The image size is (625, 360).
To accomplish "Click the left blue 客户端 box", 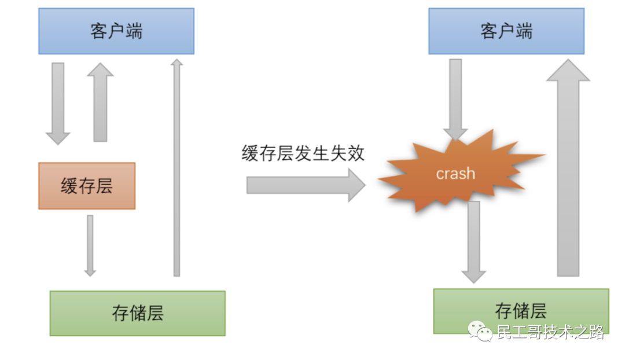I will (x=116, y=31).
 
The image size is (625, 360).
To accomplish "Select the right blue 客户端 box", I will (x=506, y=31).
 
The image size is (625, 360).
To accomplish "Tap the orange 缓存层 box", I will (x=87, y=186).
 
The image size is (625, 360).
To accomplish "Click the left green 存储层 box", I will (x=137, y=313).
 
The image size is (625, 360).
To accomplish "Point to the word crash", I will (x=455, y=174).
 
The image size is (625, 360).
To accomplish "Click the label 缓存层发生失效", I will (x=303, y=153).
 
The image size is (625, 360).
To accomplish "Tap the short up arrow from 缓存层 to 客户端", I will (x=100, y=103).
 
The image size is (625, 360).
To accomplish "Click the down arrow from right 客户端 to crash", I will (x=455, y=98).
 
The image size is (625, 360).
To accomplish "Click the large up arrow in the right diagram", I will (x=568, y=168).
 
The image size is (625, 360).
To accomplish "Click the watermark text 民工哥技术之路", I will (x=550, y=332).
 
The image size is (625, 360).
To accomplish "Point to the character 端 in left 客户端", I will (x=134, y=31).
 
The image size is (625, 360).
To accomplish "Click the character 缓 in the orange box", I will (x=69, y=186).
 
